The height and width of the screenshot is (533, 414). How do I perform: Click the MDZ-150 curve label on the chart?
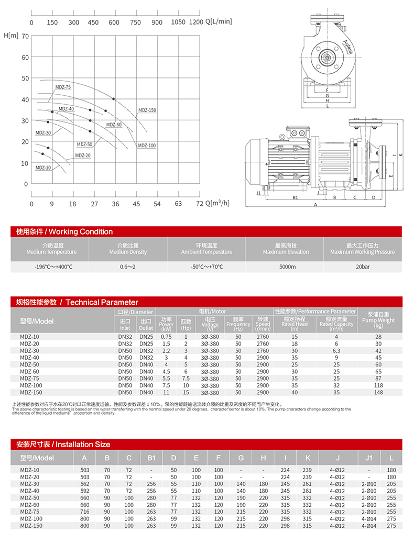click(x=147, y=110)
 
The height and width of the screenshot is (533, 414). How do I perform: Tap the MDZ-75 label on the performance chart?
click(x=63, y=87)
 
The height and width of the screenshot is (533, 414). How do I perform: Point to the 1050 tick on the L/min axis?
click(x=178, y=23)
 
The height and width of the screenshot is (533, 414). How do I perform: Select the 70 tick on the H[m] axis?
click(x=25, y=36)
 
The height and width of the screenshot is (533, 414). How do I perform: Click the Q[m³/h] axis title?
click(x=217, y=203)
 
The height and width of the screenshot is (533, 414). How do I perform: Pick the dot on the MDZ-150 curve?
click(x=113, y=99)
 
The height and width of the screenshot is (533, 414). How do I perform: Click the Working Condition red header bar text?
click(x=64, y=231)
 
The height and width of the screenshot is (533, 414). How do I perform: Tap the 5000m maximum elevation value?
click(x=286, y=266)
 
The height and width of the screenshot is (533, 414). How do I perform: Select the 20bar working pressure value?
click(x=362, y=266)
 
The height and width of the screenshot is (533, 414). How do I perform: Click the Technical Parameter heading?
click(x=77, y=302)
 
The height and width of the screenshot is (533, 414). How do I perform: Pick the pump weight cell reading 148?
click(x=378, y=392)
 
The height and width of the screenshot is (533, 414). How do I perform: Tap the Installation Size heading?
click(x=63, y=445)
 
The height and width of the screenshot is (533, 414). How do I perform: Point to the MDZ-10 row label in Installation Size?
click(x=29, y=470)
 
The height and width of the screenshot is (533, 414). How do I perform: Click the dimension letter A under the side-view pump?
click(x=316, y=205)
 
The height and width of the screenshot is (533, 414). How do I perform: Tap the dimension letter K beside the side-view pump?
click(x=400, y=155)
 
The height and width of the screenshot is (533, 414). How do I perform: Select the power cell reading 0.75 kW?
click(x=166, y=337)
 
